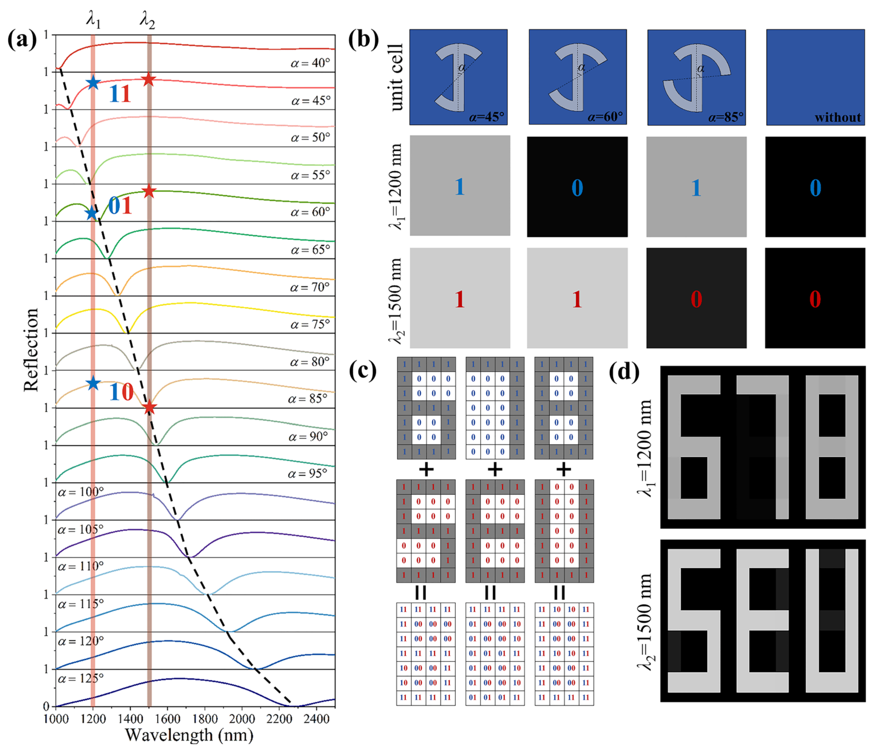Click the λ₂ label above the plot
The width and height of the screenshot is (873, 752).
point(147,20)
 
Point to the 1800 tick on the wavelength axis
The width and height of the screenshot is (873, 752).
point(205,718)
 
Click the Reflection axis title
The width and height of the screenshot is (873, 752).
point(31,350)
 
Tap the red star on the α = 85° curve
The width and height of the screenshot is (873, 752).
point(149,407)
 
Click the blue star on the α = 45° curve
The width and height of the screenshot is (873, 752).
point(93,83)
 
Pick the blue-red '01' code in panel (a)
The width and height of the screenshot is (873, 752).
point(120,205)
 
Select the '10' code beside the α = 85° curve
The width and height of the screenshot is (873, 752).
point(121,392)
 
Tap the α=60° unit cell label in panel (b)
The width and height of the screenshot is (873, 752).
point(605,116)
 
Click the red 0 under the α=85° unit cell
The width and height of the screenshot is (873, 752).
point(696,299)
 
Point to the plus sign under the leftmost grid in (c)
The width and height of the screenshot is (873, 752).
point(426,469)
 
